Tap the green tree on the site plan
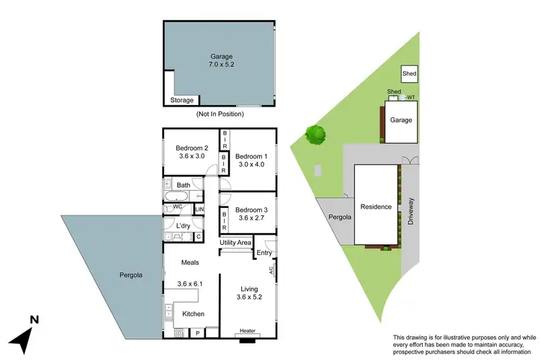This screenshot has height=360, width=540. (x=315, y=133)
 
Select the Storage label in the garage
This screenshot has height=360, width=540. (x=182, y=101)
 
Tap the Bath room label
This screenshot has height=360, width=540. (x=184, y=185)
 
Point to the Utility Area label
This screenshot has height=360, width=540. (x=235, y=243)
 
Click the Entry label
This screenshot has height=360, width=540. (x=264, y=253)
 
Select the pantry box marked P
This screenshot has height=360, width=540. (x=197, y=333)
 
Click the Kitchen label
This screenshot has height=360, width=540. (x=193, y=314)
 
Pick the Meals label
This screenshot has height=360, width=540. (x=190, y=262)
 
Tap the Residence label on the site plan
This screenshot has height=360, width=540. (x=376, y=207)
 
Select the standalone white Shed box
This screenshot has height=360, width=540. (x=410, y=73)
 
